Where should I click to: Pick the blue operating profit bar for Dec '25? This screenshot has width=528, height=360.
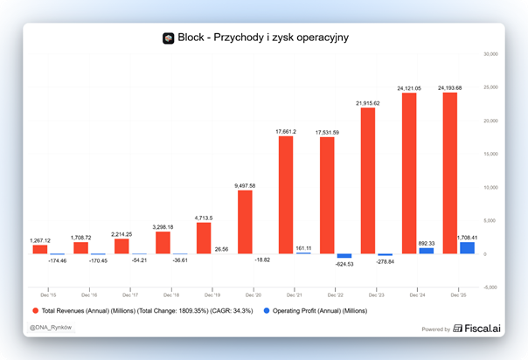(x=468, y=248)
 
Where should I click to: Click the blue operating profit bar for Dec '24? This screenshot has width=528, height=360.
(x=427, y=251)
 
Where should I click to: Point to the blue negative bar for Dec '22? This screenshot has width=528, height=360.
(x=344, y=256)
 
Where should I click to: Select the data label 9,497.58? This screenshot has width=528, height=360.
(x=246, y=185)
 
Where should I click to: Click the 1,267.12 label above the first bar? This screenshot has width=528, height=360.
(x=40, y=240)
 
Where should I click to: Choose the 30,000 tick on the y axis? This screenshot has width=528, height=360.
(x=490, y=53)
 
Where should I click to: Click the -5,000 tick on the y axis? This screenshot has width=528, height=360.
(x=490, y=287)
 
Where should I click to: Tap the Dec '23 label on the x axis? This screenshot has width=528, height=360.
(x=376, y=296)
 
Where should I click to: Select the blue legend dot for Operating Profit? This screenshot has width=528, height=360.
(x=267, y=309)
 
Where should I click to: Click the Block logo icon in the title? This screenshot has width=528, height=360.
(x=169, y=38)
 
